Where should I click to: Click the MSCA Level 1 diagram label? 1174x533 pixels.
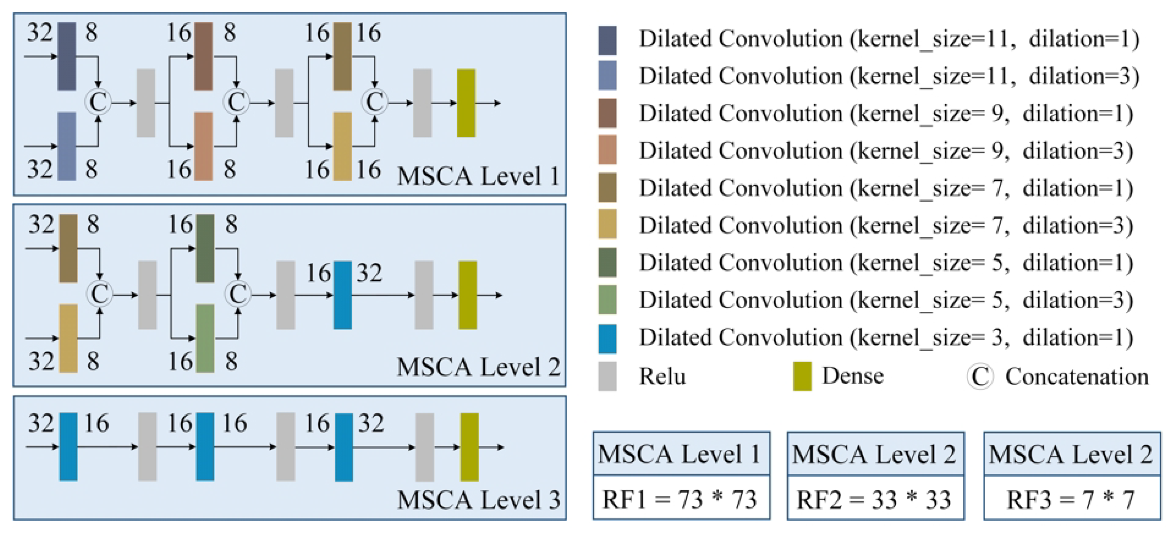[x=478, y=176]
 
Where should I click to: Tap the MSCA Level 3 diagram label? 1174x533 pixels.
[x=478, y=500]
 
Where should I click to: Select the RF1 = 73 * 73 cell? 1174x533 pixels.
[x=681, y=499]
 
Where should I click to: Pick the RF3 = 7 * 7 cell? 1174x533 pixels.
[x=1071, y=499]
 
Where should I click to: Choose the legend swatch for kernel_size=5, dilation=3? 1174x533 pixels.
[x=607, y=300]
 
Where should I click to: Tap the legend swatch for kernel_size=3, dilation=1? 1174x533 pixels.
[x=607, y=338]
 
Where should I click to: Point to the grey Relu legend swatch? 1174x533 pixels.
[x=607, y=376]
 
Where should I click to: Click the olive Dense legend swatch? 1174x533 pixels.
[x=802, y=376]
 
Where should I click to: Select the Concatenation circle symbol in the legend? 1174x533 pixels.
[x=980, y=377]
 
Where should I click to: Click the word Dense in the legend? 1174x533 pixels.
[x=853, y=376]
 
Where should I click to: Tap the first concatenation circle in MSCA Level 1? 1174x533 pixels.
[x=98, y=102]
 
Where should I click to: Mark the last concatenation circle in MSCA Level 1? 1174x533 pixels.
[x=374, y=102]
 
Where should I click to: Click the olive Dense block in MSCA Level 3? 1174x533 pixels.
[x=469, y=447]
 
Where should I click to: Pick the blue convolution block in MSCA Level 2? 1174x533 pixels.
[x=342, y=295]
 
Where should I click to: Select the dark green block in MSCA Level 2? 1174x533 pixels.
[x=205, y=249]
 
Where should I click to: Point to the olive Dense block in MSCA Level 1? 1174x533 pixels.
[x=466, y=103]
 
